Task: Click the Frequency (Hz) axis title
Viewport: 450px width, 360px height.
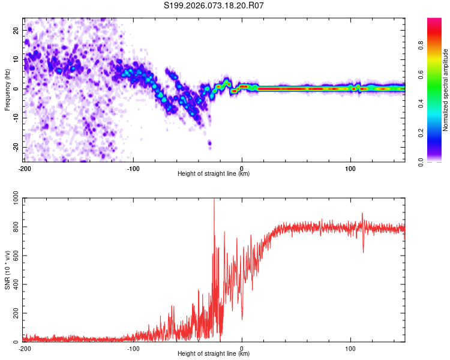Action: point(7,89)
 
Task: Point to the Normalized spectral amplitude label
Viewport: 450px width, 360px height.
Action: point(446,90)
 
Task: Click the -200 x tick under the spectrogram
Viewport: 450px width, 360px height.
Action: point(25,169)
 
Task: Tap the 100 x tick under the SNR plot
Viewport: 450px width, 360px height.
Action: point(350,349)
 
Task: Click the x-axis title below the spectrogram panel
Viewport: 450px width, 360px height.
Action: point(214,174)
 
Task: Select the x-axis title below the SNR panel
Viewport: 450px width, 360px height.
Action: point(214,354)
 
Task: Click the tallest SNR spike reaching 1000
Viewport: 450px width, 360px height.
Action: point(214,202)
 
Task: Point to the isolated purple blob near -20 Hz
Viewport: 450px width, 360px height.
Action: point(209,143)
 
